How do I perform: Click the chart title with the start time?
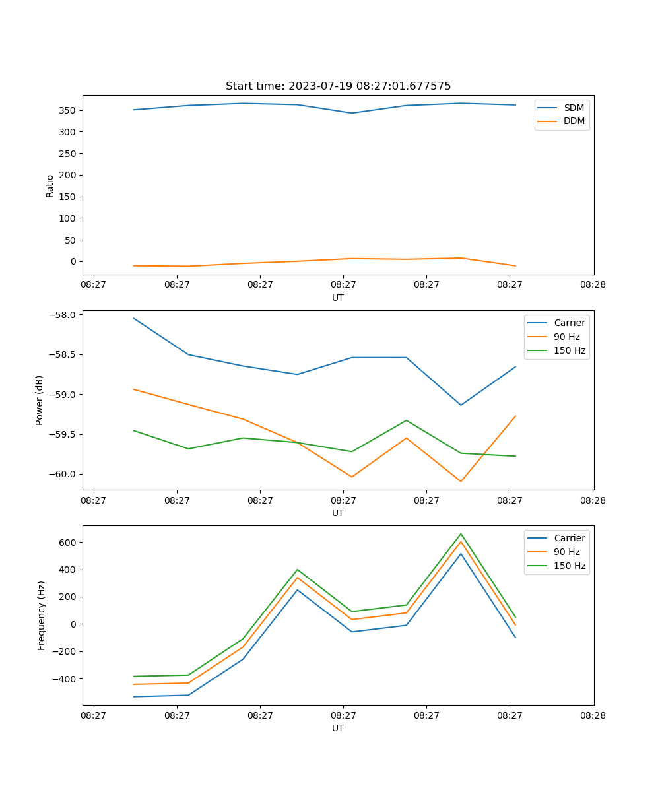click(x=338, y=86)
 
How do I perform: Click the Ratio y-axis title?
click(x=50, y=185)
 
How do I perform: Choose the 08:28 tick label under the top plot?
click(x=593, y=285)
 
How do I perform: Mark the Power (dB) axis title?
click(x=40, y=400)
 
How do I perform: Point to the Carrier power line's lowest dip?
click(x=461, y=405)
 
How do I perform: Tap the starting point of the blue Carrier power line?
click(x=134, y=318)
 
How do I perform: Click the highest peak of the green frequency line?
click(x=461, y=534)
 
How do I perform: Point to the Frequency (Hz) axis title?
click(x=41, y=615)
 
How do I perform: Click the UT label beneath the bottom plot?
click(x=338, y=728)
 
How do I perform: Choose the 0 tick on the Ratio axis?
click(x=74, y=262)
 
